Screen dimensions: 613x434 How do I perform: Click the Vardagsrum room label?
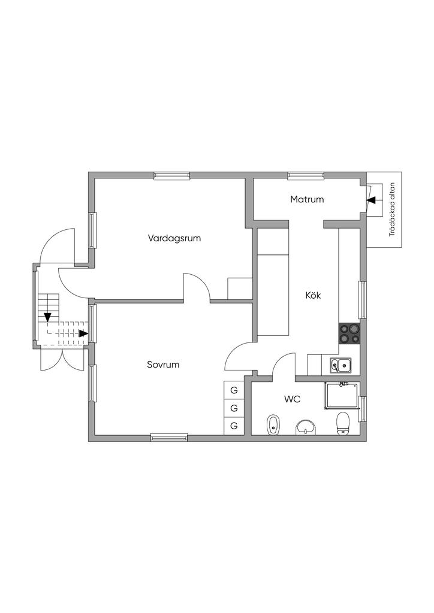tap(174, 238)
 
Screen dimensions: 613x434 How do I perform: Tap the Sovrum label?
tap(163, 364)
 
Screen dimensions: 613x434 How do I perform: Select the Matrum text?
tap(307, 199)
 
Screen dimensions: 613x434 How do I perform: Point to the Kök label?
tap(314, 295)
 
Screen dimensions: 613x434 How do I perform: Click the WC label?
tap(292, 398)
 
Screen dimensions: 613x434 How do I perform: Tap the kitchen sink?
tap(341, 363)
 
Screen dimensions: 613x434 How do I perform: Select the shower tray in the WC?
tap(340, 396)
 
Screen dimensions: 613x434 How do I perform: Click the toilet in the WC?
tap(343, 423)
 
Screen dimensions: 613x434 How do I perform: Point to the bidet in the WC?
tap(273, 425)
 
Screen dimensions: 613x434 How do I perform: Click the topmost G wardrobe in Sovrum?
tap(234, 390)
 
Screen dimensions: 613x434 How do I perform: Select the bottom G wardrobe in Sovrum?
tap(234, 426)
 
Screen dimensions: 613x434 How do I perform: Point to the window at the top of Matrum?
tap(306, 175)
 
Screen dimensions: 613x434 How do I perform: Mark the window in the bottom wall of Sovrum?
tap(169, 438)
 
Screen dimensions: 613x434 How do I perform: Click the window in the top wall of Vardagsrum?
tap(172, 175)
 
